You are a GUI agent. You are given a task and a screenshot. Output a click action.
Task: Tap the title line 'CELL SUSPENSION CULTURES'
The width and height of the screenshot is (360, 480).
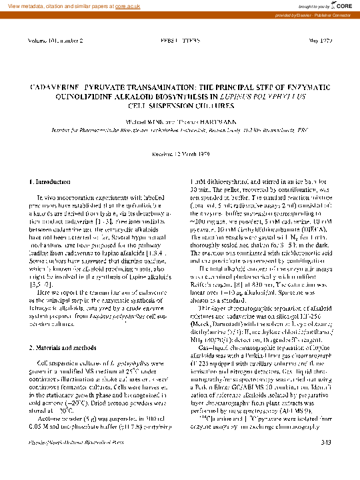[x=179, y=105]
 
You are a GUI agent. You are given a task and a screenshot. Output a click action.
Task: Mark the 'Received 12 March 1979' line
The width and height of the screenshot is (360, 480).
[x=179, y=153]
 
